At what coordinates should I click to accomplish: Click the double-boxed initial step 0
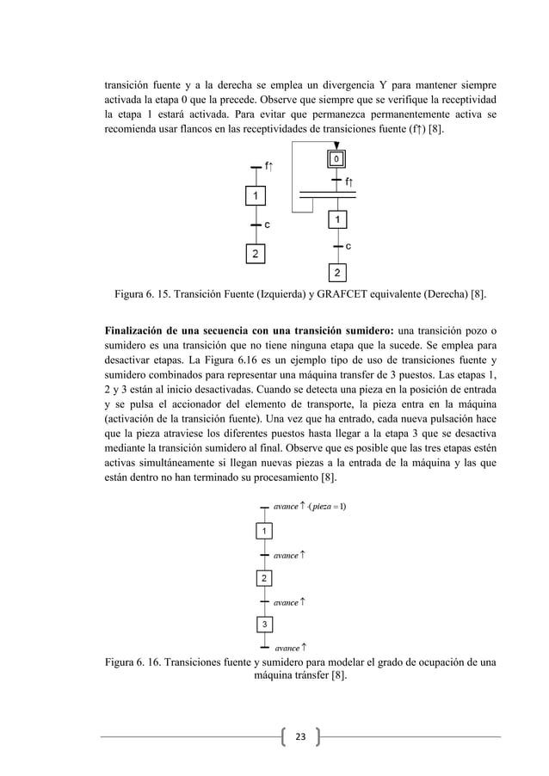click(337, 159)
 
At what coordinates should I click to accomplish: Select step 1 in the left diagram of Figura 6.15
click(255, 197)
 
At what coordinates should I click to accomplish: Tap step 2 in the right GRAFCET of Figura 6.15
click(336, 274)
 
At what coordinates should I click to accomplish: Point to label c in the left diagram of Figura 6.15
click(267, 225)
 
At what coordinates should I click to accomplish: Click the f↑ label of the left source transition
click(269, 167)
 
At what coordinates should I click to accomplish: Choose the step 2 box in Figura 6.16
click(265, 577)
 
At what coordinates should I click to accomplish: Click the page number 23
click(300, 736)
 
